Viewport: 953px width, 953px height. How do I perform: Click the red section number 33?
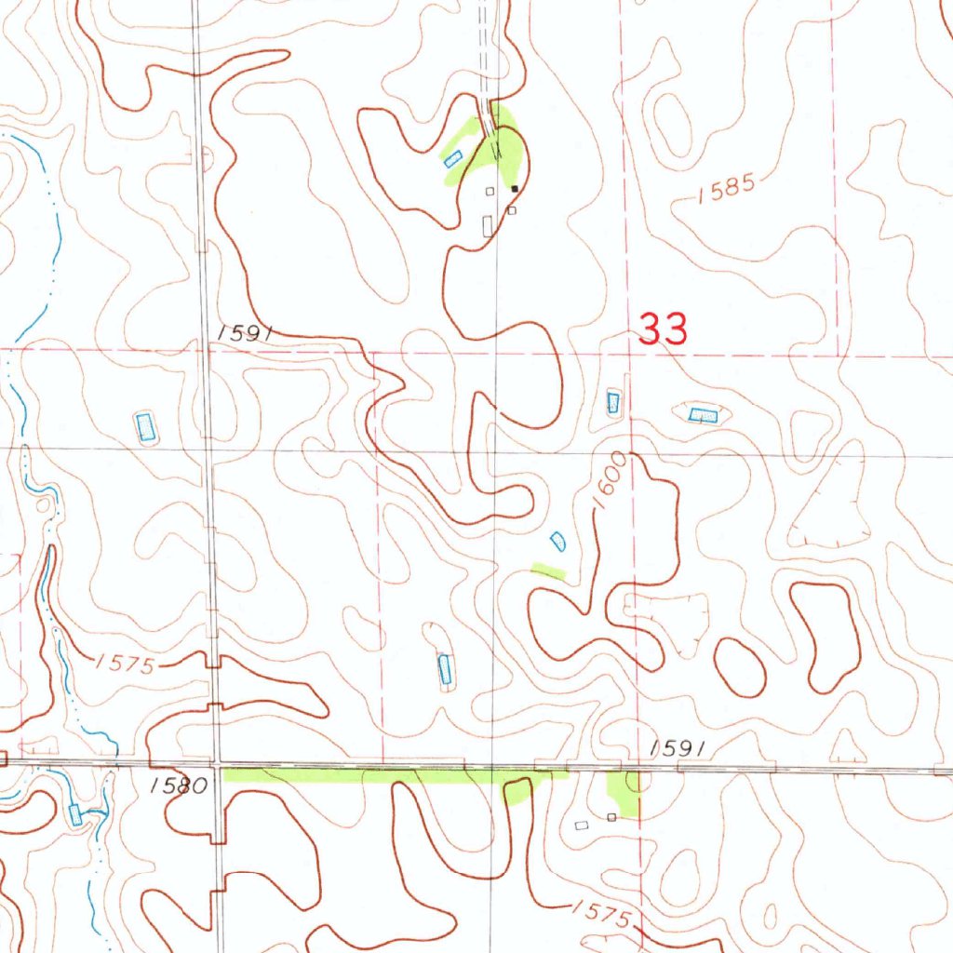click(664, 329)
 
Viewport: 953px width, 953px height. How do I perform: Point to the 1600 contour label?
click(611, 480)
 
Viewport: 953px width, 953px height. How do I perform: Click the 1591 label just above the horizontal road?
click(680, 747)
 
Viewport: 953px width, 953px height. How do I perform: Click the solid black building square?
click(515, 189)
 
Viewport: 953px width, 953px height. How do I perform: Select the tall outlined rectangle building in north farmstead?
click(488, 225)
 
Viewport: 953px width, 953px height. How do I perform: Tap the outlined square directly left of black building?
click(490, 191)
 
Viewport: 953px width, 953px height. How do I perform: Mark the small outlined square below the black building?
click(511, 211)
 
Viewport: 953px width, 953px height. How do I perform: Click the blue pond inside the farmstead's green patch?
click(453, 159)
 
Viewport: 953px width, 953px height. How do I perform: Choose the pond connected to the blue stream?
click(75, 815)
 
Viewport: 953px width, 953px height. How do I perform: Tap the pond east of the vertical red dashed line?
click(703, 414)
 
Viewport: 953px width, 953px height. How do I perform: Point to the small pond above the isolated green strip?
click(558, 540)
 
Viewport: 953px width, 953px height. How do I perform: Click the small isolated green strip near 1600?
click(547, 570)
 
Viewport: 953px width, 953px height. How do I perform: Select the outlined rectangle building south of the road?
click(583, 825)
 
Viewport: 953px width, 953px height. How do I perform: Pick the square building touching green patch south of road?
click(611, 817)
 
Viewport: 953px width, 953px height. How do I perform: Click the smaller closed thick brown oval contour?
click(740, 666)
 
